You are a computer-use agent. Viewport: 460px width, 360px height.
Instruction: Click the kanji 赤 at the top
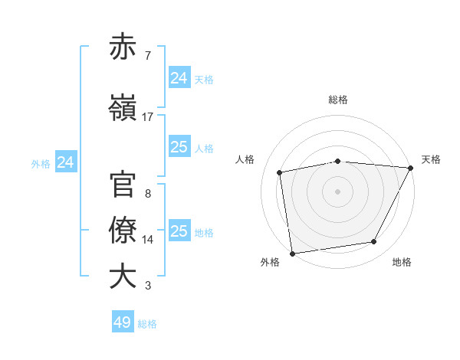pyautogui.click(x=123, y=47)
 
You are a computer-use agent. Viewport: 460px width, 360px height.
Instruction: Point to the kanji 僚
pyautogui.click(x=123, y=231)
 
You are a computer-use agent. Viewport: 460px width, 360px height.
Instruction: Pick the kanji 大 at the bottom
pyautogui.click(x=123, y=277)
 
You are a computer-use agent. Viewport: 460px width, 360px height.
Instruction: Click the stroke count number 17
pyautogui.click(x=148, y=117)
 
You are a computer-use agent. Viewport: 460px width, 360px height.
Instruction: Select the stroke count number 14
pyautogui.click(x=148, y=240)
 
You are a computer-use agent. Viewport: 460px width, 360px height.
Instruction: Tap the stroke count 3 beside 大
pyautogui.click(x=148, y=286)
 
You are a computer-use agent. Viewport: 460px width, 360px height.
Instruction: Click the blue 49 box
pyautogui.click(x=123, y=322)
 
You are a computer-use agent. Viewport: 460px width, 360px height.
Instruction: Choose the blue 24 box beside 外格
pyautogui.click(x=66, y=162)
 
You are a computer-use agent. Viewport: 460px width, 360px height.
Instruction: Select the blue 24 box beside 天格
pyautogui.click(x=179, y=77)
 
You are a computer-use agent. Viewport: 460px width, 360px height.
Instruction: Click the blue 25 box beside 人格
pyautogui.click(x=179, y=147)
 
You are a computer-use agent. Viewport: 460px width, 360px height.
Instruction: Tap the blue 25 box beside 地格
pyautogui.click(x=179, y=231)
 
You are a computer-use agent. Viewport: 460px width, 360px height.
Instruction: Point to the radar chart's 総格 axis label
pyautogui.click(x=338, y=100)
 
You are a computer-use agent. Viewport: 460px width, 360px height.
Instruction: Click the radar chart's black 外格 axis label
pyautogui.click(x=270, y=262)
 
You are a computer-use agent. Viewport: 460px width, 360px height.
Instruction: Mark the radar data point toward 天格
pyautogui.click(x=411, y=168)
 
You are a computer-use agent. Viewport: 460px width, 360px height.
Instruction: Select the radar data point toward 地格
pyautogui.click(x=374, y=242)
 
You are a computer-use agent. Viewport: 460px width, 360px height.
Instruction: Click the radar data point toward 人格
pyautogui.click(x=280, y=172)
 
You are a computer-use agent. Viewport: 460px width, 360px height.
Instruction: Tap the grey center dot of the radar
pyautogui.click(x=338, y=191)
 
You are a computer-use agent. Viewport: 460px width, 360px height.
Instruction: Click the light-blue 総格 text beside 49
pyautogui.click(x=147, y=324)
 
